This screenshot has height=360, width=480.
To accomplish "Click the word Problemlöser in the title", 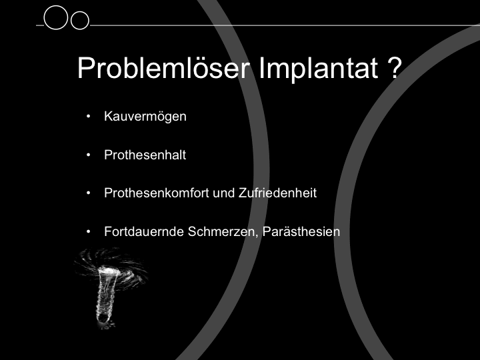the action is pyautogui.click(x=163, y=67).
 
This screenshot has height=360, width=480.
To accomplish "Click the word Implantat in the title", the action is pyautogui.click(x=319, y=69).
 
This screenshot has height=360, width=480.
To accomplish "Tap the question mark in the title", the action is pyautogui.click(x=394, y=67).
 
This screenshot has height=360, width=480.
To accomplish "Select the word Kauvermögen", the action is pyautogui.click(x=145, y=117).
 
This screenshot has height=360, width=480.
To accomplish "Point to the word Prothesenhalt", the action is pyautogui.click(x=145, y=155).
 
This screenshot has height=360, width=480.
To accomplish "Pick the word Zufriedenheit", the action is pyautogui.click(x=277, y=193).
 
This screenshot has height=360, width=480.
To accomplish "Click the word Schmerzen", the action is pyautogui.click(x=223, y=232).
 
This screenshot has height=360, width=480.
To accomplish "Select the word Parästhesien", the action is pyautogui.click(x=301, y=231).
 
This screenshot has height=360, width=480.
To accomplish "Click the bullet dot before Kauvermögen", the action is pyautogui.click(x=89, y=116).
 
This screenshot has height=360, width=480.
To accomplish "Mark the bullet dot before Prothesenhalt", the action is pyautogui.click(x=89, y=155).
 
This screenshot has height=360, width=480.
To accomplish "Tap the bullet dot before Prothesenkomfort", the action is pyautogui.click(x=89, y=193).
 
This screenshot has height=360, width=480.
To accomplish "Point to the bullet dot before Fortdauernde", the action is pyautogui.click(x=89, y=231).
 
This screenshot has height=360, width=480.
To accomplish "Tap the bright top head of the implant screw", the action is pyautogui.click(x=109, y=270).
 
